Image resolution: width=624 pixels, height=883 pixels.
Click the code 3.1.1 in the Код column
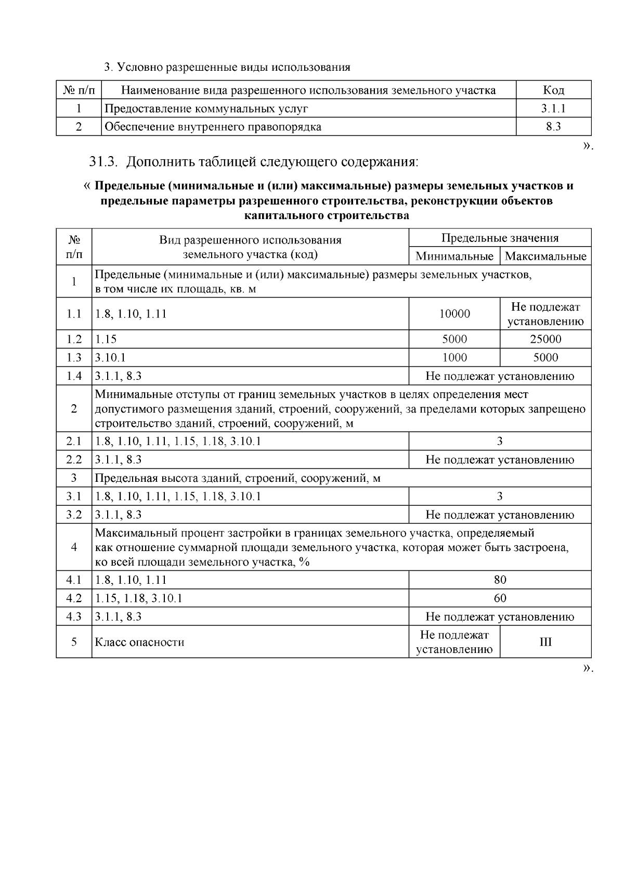[x=553, y=108]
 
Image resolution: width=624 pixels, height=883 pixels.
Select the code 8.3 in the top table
[x=553, y=126]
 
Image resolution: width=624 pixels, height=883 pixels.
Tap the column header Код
[x=553, y=90]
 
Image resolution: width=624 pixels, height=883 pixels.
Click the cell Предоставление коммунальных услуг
[x=206, y=108]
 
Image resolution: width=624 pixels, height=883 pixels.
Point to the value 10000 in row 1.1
[x=454, y=314]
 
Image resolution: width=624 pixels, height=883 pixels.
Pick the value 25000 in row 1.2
[x=545, y=339]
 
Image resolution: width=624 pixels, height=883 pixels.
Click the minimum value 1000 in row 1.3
[x=454, y=357]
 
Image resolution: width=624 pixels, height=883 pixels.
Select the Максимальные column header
[x=545, y=256]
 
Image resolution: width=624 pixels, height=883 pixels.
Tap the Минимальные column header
[x=454, y=256]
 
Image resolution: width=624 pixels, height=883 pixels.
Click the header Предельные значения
[x=500, y=238]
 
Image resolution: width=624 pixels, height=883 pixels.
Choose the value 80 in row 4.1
[x=500, y=580]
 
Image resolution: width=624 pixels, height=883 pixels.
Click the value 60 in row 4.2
[x=500, y=598]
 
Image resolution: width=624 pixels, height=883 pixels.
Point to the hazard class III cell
[x=545, y=642]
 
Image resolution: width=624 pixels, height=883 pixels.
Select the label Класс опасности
[x=139, y=642]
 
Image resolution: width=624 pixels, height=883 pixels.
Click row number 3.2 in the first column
[x=74, y=515]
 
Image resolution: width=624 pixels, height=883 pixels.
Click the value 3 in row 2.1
[x=500, y=441]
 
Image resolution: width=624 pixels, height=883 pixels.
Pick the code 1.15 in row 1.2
[x=106, y=339]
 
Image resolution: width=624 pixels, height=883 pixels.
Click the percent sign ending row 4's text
[x=304, y=562]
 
